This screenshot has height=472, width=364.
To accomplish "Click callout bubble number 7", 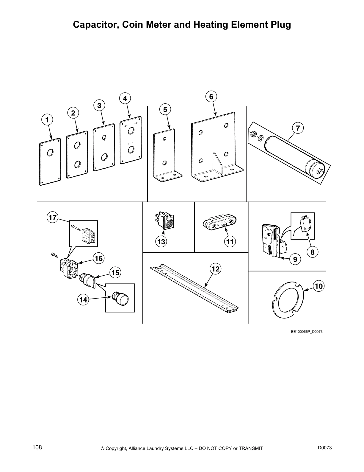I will click(x=298, y=128).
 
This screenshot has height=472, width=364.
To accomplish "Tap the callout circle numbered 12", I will click(x=215, y=269).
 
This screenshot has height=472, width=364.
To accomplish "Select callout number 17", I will click(x=52, y=217).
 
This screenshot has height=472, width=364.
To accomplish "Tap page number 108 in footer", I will click(x=37, y=448).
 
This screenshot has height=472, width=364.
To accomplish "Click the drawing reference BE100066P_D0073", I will click(x=307, y=332).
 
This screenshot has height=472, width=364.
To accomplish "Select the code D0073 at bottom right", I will click(x=324, y=448).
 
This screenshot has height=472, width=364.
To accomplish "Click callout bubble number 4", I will click(x=125, y=98).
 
